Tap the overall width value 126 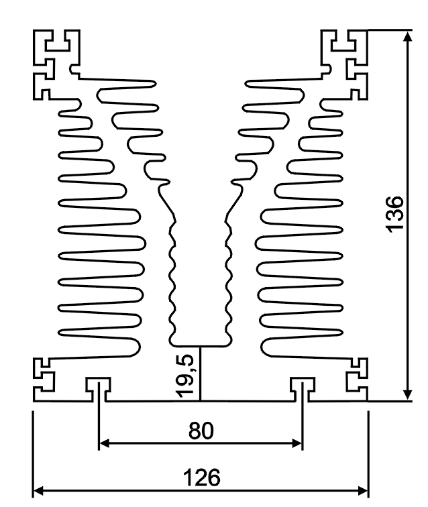201,478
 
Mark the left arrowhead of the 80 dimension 105,443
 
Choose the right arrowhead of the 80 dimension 297,443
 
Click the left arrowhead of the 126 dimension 40,491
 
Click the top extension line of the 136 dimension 389,30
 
